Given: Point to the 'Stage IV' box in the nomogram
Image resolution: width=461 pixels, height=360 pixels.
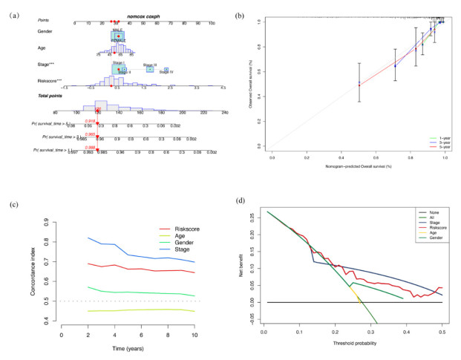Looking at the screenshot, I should coord(168,71).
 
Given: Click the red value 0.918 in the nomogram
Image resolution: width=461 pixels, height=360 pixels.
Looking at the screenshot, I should coord(91,121).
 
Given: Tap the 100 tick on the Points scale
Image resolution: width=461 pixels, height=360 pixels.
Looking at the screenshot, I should coord(212,22).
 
